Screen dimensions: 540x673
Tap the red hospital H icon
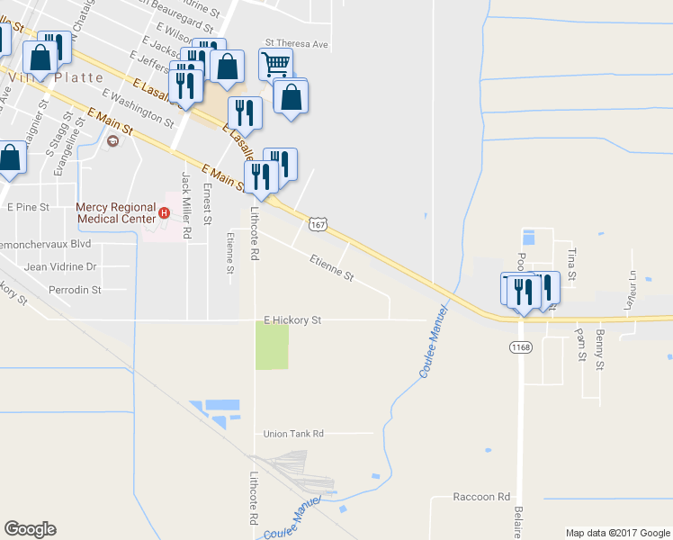tap(165, 213)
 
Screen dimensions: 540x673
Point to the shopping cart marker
tap(275, 63)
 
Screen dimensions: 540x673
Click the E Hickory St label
tap(292, 319)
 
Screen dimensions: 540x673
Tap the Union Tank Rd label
tap(293, 433)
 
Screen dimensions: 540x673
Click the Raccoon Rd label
tap(481, 497)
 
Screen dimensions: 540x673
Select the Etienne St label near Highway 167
tap(332, 267)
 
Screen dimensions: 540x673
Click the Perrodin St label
tap(75, 291)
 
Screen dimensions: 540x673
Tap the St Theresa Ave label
tap(297, 43)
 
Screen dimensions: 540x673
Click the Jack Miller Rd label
tap(187, 206)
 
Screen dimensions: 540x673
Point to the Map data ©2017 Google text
tap(617, 533)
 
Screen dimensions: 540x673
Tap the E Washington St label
tap(138, 106)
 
